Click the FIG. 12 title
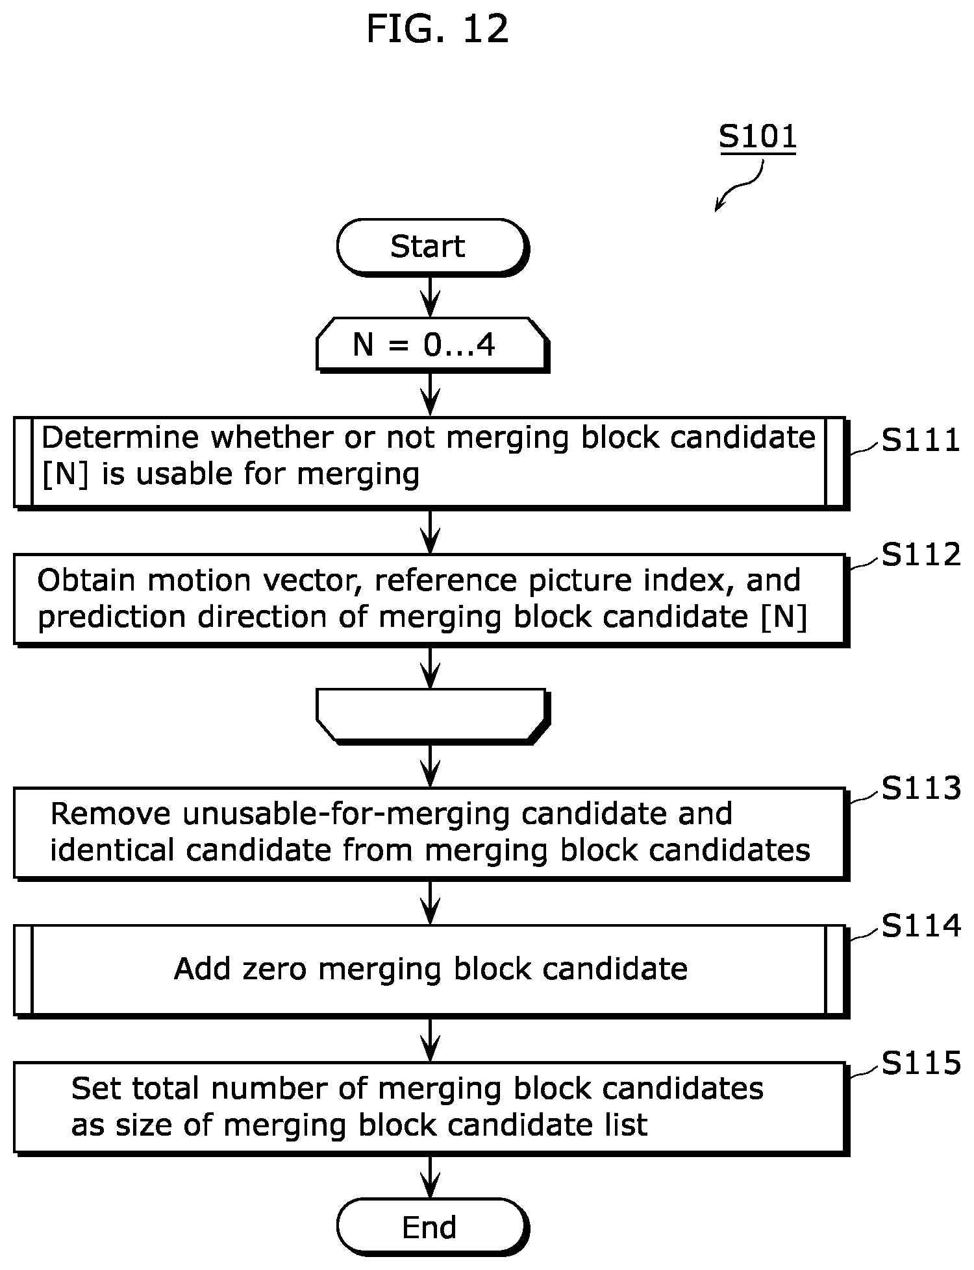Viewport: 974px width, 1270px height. [x=437, y=29]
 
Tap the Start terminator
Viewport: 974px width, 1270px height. [x=432, y=247]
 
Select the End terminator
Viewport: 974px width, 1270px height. [x=432, y=1227]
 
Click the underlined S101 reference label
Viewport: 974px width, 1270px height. [x=757, y=137]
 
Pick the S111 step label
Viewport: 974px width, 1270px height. [x=920, y=440]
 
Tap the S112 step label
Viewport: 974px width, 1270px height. [x=920, y=554]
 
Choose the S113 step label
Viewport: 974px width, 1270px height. [x=920, y=788]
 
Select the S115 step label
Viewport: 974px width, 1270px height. [x=920, y=1063]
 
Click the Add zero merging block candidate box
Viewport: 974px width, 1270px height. [x=431, y=970]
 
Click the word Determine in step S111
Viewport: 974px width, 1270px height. [x=121, y=437]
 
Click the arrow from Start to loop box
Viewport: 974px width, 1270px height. [x=431, y=297]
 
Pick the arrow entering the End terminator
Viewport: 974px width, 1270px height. [x=431, y=1177]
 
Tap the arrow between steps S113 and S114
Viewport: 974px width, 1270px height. [x=431, y=903]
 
